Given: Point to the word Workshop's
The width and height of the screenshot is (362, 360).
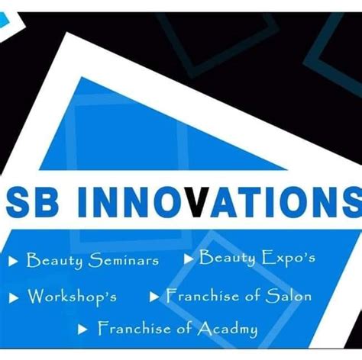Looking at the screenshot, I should [72, 296].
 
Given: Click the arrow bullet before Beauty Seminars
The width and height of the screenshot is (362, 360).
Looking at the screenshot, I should [14, 262].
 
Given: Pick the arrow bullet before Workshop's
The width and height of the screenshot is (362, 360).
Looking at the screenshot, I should [14, 296].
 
